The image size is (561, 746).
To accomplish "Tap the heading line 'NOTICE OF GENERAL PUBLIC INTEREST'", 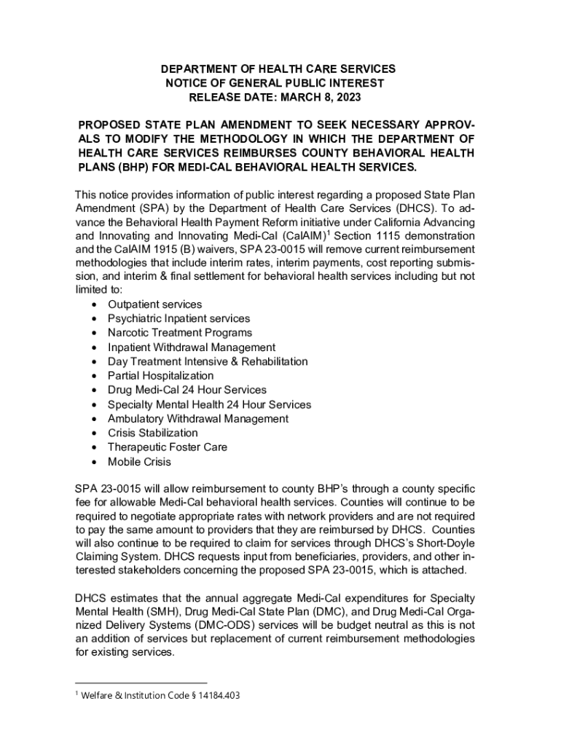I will click(x=275, y=83).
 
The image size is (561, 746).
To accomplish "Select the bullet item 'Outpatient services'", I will click(x=154, y=305).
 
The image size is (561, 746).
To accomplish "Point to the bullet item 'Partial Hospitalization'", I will click(x=160, y=376).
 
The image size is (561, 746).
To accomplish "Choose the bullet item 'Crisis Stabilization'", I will click(x=152, y=433).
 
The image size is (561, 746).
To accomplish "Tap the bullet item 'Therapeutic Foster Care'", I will click(x=167, y=447).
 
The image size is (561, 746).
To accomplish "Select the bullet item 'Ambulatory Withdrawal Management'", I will click(x=197, y=419).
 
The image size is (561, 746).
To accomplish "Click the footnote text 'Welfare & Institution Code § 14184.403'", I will click(x=160, y=696).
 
